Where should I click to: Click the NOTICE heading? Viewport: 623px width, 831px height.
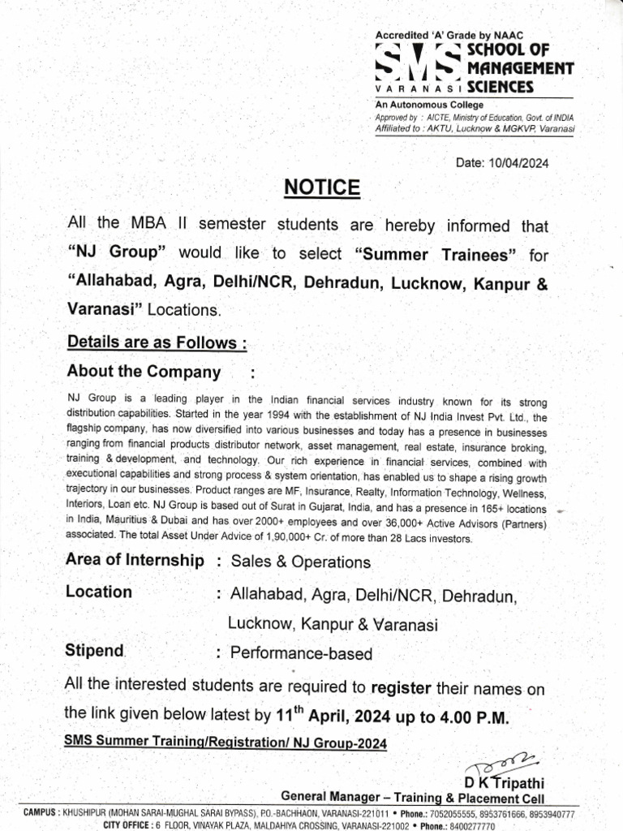click(321, 188)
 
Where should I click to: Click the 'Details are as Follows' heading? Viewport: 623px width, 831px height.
click(157, 342)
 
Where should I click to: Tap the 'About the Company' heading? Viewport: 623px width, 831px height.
click(143, 372)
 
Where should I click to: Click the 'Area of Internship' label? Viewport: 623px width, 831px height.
click(135, 561)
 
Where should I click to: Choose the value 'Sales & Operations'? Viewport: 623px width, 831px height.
click(300, 562)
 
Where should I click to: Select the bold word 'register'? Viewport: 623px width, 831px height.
click(400, 688)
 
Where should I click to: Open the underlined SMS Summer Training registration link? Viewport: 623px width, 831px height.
click(226, 743)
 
